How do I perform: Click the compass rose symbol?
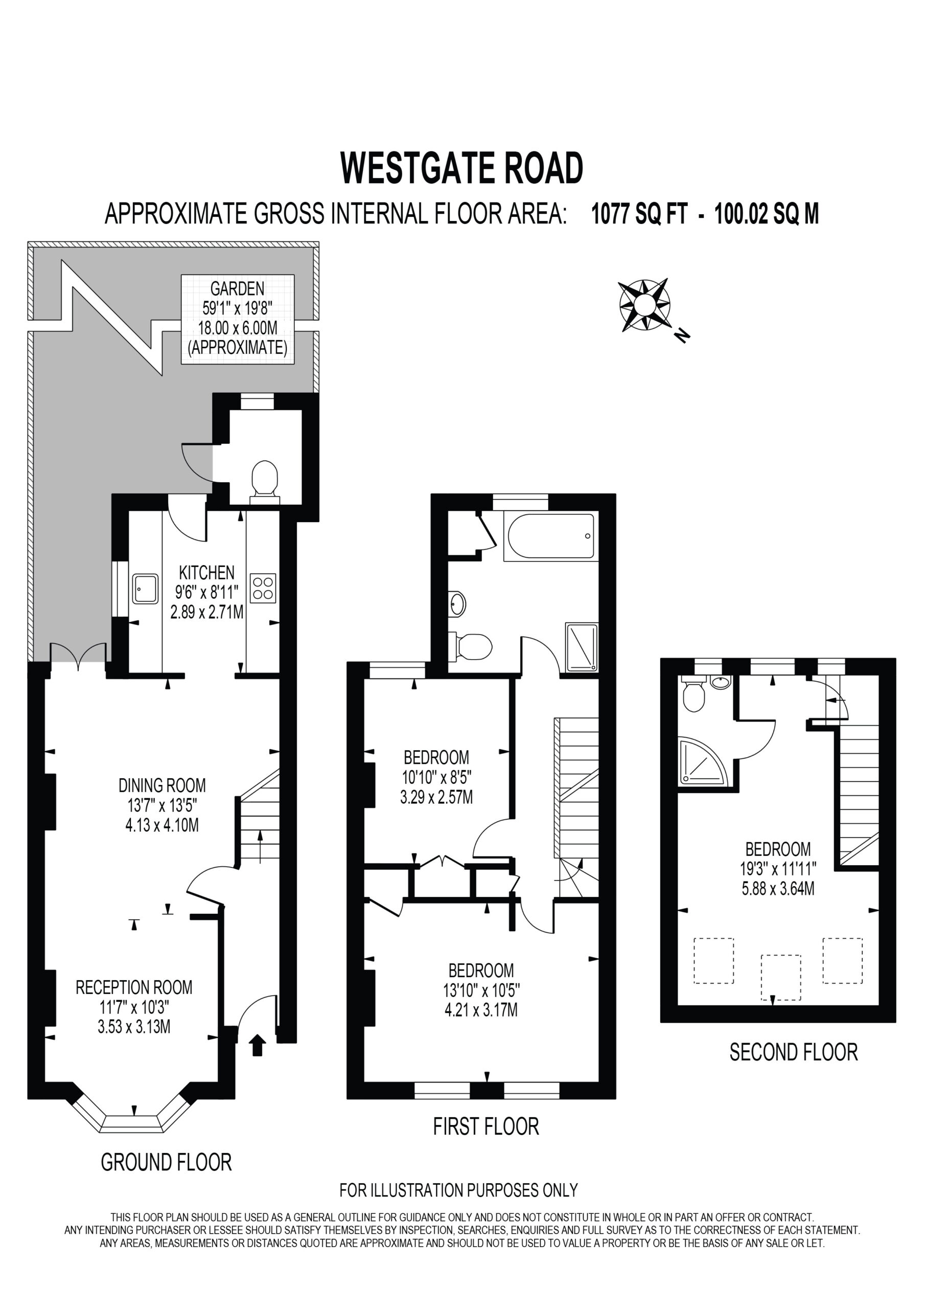pos(644,305)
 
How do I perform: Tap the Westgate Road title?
pos(461,168)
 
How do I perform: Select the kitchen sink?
pos(145,589)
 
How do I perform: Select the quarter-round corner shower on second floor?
pos(702,761)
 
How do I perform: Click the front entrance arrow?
pos(258,1045)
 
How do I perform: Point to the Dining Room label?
pos(162,785)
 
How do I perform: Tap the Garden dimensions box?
pos(238,319)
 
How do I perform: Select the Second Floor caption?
pos(793,1052)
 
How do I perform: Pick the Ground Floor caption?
pos(166,1162)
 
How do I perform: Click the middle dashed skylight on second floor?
pos(781,978)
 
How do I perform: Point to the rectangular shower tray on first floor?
pos(582,647)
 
